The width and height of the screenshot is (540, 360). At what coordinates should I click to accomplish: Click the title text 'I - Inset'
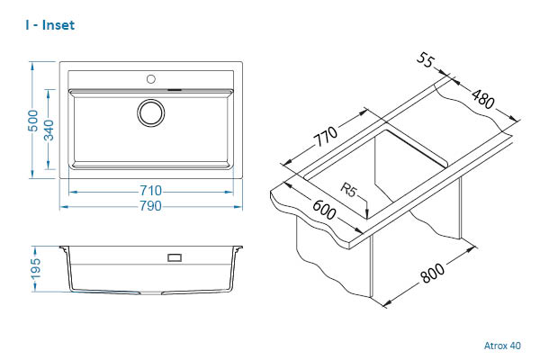(50, 25)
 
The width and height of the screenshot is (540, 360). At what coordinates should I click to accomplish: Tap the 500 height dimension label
(33, 121)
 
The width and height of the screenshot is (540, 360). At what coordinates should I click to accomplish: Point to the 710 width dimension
(150, 190)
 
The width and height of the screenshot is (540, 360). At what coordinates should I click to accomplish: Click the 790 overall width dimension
(150, 207)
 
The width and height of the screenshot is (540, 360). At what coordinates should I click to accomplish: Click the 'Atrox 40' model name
(502, 345)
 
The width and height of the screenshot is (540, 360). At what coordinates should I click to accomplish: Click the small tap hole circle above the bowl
(150, 76)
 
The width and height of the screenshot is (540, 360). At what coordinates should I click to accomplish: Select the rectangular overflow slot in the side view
(175, 257)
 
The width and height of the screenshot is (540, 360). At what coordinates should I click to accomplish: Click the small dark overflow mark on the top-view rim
(175, 89)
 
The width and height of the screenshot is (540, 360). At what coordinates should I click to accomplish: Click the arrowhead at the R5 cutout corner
(368, 214)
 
